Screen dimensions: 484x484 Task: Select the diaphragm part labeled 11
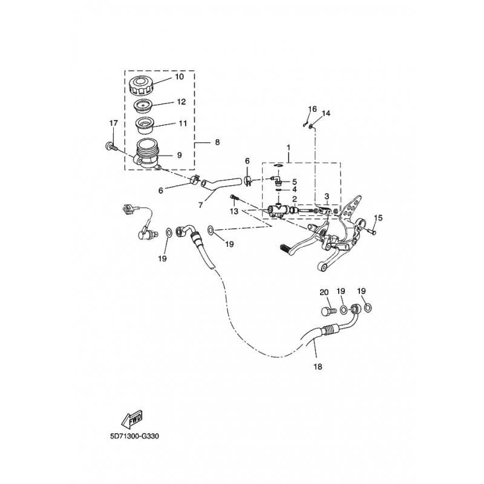(x=145, y=126)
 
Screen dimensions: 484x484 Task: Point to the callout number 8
(x=217, y=142)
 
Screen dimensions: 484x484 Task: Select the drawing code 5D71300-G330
(x=134, y=436)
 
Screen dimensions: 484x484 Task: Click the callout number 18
(x=318, y=367)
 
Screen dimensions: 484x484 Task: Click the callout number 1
(x=289, y=148)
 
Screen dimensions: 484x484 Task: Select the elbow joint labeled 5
(x=276, y=180)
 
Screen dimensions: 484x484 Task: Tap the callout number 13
(x=234, y=211)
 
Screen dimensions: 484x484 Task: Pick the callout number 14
(x=326, y=113)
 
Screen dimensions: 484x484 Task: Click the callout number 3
(x=327, y=196)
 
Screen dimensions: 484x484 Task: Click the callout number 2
(x=294, y=199)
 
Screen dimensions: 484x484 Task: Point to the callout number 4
(x=294, y=189)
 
